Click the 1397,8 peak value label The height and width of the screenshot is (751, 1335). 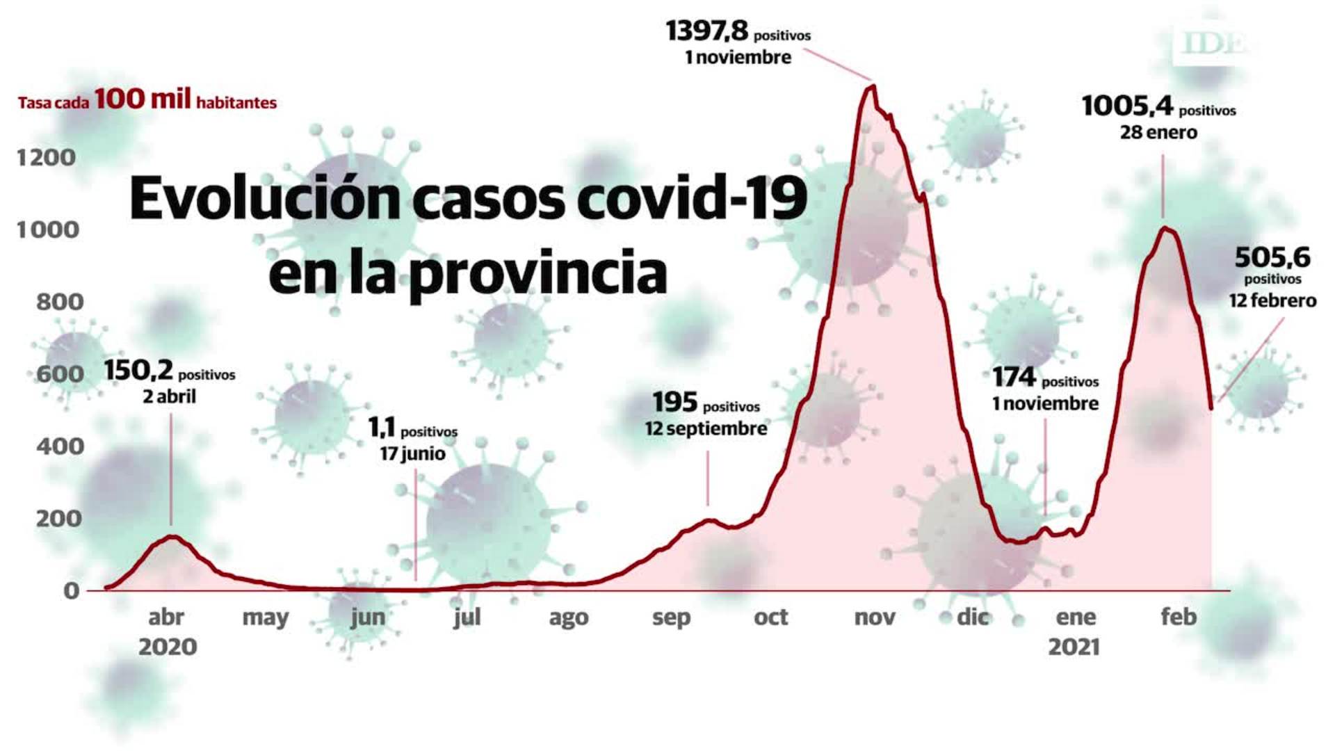(x=706, y=31)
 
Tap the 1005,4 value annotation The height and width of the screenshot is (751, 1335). (x=1127, y=106)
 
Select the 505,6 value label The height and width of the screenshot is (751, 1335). (x=1272, y=258)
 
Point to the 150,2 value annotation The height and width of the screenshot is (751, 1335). (x=138, y=371)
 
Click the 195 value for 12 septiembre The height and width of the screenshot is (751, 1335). (x=674, y=403)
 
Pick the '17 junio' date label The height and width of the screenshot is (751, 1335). (x=412, y=454)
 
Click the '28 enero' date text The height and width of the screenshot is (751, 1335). (x=1158, y=132)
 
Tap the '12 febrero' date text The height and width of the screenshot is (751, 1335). (x=1272, y=301)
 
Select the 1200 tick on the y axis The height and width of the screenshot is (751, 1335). (x=47, y=158)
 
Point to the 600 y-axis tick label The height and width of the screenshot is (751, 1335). (x=60, y=374)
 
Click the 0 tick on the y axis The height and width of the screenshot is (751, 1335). (x=72, y=591)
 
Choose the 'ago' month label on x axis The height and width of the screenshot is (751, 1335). (x=569, y=617)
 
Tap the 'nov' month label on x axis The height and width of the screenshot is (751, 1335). (x=874, y=617)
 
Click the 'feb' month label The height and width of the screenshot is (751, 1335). (x=1179, y=617)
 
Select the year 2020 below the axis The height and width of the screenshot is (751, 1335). (x=168, y=647)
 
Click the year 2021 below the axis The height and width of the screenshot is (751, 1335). (x=1074, y=647)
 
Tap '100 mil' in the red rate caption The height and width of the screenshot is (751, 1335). (x=143, y=99)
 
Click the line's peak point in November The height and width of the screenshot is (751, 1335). (x=873, y=86)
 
